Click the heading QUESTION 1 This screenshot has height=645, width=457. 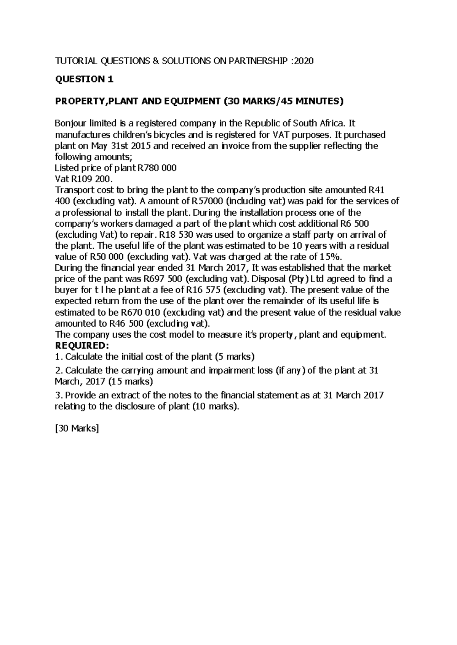click(x=84, y=79)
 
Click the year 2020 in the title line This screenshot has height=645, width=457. click(x=304, y=61)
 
